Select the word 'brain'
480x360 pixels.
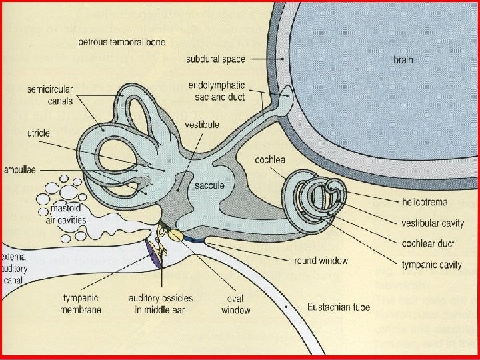pyautogui.click(x=403, y=60)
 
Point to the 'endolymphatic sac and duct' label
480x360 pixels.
pyautogui.click(x=217, y=91)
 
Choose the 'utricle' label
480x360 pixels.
pyautogui.click(x=39, y=133)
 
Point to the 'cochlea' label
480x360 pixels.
pyautogui.click(x=271, y=160)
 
